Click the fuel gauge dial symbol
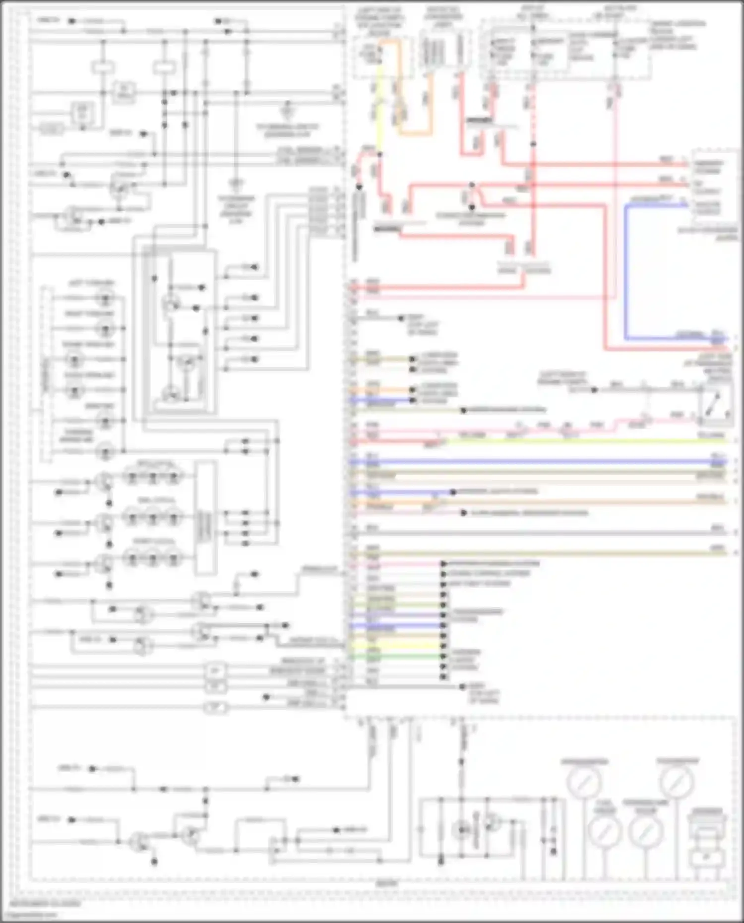605,830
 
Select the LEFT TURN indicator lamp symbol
106,299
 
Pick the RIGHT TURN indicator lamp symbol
106,329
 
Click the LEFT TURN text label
91,283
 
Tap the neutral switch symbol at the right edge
716,405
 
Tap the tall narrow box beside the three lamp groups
205,518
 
